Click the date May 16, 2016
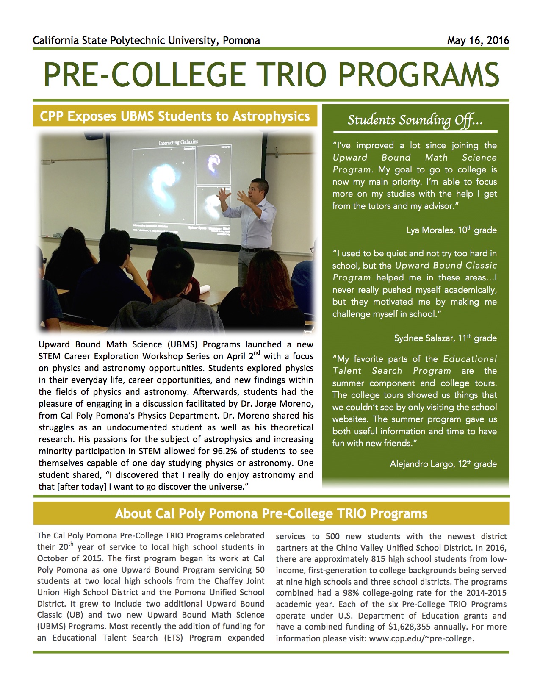point(478,41)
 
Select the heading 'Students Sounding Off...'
point(415,120)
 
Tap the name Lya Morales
point(430,230)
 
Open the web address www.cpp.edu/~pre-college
point(420,638)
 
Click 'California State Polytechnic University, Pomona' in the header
point(146,41)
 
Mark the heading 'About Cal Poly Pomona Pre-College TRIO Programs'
point(271,514)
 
